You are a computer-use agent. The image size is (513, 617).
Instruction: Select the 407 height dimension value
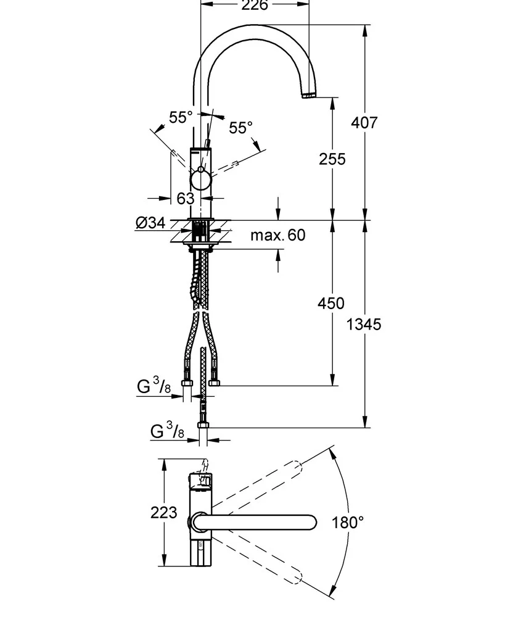[364, 122]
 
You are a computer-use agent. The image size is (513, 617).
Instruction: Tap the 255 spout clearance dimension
[332, 159]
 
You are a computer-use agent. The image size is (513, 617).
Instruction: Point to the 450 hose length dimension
[332, 303]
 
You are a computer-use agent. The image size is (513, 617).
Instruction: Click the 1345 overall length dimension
[364, 324]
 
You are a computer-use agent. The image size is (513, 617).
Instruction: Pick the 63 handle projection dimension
[185, 199]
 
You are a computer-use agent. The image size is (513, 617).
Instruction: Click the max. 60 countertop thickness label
[277, 235]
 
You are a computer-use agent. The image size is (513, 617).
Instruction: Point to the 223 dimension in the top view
[163, 512]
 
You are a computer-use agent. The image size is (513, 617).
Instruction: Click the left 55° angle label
[181, 117]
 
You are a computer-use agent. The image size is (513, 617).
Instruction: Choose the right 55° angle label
[240, 128]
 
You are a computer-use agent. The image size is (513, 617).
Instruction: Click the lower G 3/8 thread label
[167, 431]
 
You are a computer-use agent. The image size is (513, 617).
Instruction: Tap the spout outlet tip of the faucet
[308, 96]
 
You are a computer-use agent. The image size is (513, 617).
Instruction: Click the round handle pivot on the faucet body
[200, 180]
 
